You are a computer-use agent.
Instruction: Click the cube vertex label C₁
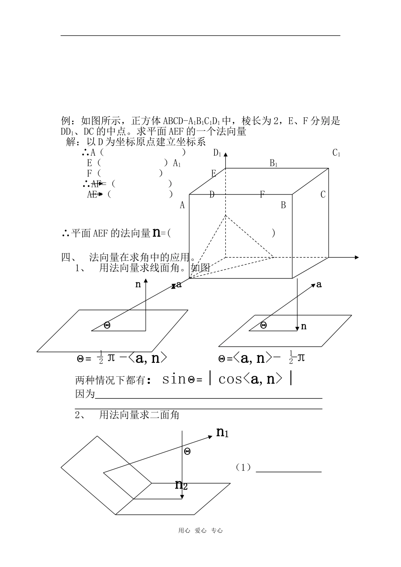[336, 153]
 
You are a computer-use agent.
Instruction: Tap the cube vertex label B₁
[274, 163]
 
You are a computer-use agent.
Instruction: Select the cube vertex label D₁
[217, 153]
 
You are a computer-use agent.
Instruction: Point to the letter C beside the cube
[323, 194]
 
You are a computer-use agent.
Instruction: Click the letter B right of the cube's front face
[283, 205]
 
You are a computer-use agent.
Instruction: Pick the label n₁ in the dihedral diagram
[222, 432]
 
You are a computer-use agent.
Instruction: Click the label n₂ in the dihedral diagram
[181, 485]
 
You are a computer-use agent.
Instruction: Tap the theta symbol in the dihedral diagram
[187, 451]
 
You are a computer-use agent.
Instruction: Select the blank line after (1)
[289, 472]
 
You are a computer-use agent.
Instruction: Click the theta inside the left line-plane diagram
[107, 325]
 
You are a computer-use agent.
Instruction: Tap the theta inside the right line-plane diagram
[264, 325]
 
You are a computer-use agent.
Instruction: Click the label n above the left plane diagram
[138, 285]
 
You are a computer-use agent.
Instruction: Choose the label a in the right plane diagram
[319, 285]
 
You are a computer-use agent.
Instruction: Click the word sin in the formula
[174, 379]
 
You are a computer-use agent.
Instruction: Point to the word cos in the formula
[230, 379]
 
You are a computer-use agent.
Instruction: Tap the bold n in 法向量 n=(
[156, 232]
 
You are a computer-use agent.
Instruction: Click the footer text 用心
[184, 531]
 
